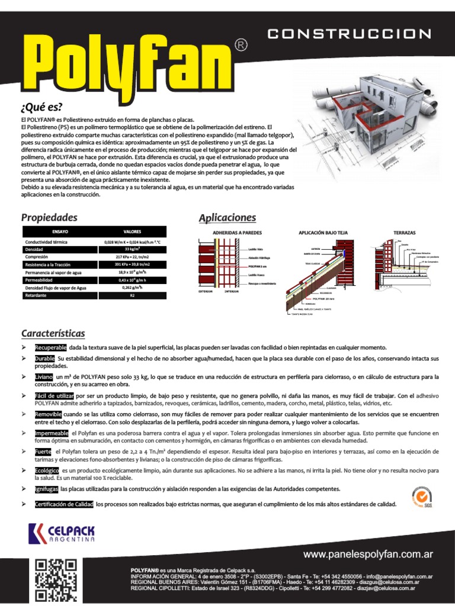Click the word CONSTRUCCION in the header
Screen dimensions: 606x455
(350, 34)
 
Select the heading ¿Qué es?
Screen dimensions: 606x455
(41, 107)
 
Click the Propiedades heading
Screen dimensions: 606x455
(49, 217)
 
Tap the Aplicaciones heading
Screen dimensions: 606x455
(227, 218)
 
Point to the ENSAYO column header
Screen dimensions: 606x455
(60, 231)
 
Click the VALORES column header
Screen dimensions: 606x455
(132, 231)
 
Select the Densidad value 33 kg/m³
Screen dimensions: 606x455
(132, 249)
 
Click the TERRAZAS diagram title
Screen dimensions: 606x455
(405, 233)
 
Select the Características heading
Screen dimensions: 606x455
(53, 333)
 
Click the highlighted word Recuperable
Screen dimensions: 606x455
(51, 347)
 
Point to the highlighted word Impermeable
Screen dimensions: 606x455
(52, 433)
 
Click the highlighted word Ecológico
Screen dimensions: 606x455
(47, 470)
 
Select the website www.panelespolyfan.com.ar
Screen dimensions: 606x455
(368, 555)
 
